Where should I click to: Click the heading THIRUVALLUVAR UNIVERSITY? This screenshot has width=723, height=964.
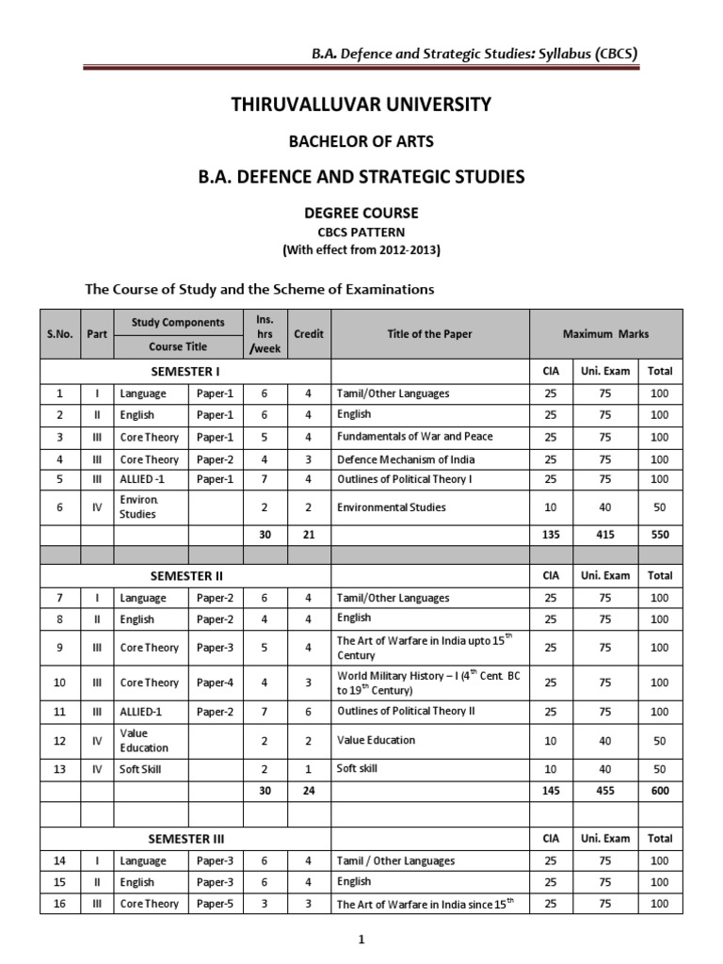tap(361, 104)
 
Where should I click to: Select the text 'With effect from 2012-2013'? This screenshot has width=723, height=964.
tap(361, 250)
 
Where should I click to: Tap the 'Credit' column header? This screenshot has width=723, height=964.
tap(309, 333)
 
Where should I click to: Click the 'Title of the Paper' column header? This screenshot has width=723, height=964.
tap(429, 333)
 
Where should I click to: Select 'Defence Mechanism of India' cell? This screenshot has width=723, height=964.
tap(406, 459)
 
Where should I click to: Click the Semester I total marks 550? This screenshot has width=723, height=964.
tap(660, 533)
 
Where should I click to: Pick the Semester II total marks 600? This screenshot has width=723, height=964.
tap(660, 791)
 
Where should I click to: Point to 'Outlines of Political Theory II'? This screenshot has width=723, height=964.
tap(406, 711)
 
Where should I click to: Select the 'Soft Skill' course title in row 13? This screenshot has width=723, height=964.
tap(137, 769)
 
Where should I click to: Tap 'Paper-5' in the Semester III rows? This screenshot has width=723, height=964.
tap(214, 904)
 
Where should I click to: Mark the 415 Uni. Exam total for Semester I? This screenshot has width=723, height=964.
tap(604, 533)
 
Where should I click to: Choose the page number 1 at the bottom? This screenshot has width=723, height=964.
tap(361, 939)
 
